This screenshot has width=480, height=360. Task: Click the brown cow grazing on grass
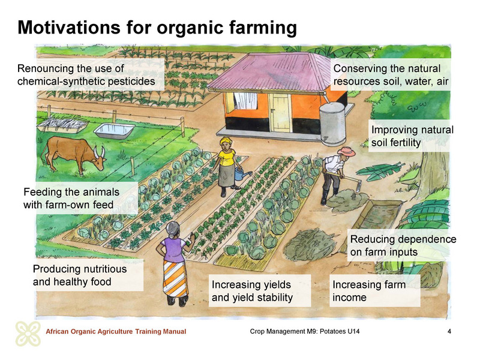[x=73, y=153]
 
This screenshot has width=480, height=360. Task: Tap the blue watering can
[x=242, y=174]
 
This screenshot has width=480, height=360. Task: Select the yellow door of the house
[x=280, y=113]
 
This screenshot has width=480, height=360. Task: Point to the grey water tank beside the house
[x=332, y=123]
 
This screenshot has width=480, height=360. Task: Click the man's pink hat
[x=347, y=151]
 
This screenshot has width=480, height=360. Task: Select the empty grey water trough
[x=114, y=131]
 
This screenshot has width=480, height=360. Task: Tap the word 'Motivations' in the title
[x=69, y=27]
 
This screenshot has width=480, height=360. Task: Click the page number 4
[x=449, y=331]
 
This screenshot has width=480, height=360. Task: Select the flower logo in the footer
[x=28, y=334]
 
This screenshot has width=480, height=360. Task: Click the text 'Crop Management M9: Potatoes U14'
[x=305, y=331]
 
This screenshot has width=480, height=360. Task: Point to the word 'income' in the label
[x=349, y=297]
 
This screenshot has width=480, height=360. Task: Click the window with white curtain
[x=245, y=100]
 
